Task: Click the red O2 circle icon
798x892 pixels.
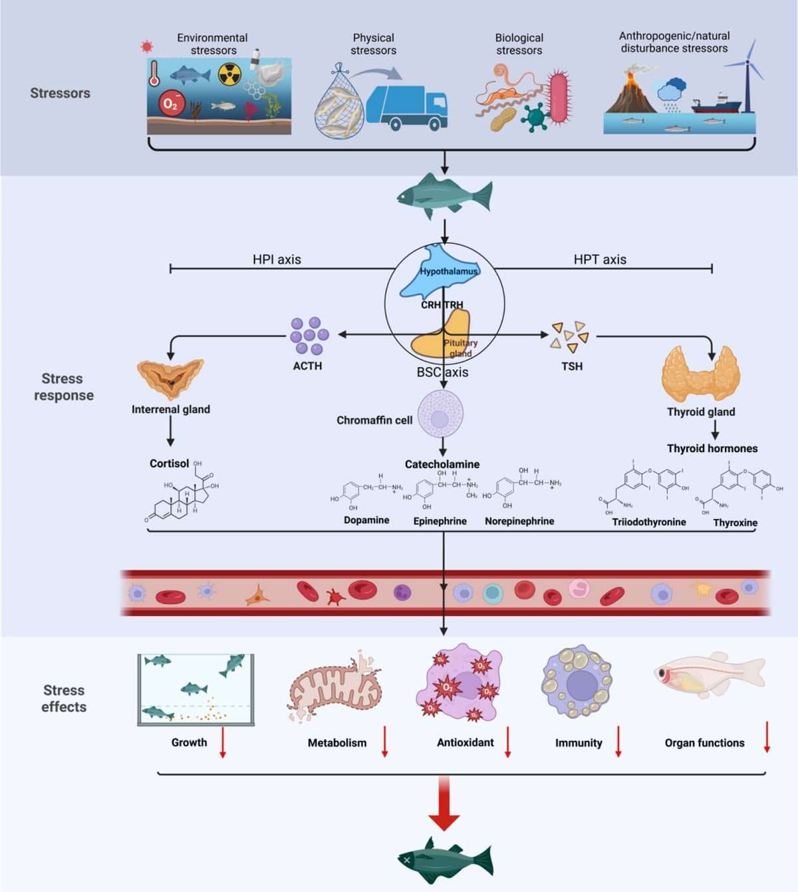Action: pyautogui.click(x=171, y=104)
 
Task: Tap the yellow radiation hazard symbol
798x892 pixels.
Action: pyautogui.click(x=229, y=75)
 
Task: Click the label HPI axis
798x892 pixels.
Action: pyautogui.click(x=277, y=259)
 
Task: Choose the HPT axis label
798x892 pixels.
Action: pyautogui.click(x=600, y=259)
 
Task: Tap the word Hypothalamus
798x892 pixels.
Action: pyautogui.click(x=449, y=271)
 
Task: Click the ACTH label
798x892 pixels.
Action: pyautogui.click(x=307, y=366)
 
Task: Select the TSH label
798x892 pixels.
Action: pyautogui.click(x=572, y=366)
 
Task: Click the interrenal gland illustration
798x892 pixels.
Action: pyautogui.click(x=170, y=378)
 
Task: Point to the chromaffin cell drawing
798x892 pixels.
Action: pyautogui.click(x=440, y=413)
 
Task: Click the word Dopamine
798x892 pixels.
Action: pyautogui.click(x=366, y=520)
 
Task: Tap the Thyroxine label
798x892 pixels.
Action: pyautogui.click(x=735, y=522)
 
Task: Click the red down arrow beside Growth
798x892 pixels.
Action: pyautogui.click(x=223, y=742)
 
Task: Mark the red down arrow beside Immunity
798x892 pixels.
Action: pyautogui.click(x=618, y=742)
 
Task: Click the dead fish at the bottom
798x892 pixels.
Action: pyautogui.click(x=445, y=861)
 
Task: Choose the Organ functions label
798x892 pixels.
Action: pyautogui.click(x=704, y=742)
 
